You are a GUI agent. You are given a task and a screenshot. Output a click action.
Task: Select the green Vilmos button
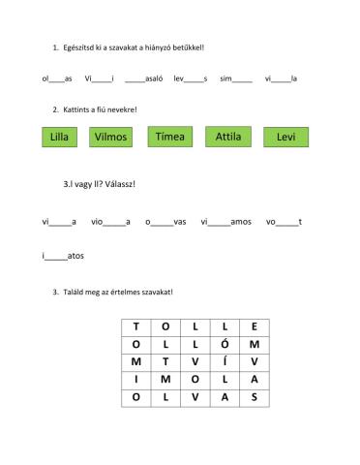point(112,138)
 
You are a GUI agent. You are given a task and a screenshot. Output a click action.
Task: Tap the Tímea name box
point(170,138)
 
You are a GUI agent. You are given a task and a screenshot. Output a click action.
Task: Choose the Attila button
point(228,138)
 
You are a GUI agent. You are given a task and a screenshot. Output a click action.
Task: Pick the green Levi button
point(285,138)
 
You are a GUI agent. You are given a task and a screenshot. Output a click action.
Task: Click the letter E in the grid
point(254,326)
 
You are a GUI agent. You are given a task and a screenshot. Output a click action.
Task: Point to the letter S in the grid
point(254,397)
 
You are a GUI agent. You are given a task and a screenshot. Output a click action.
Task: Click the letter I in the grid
point(136,380)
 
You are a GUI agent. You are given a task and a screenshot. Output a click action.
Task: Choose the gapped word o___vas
point(165,222)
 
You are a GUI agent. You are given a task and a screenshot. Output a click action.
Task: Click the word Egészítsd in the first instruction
point(79,46)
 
